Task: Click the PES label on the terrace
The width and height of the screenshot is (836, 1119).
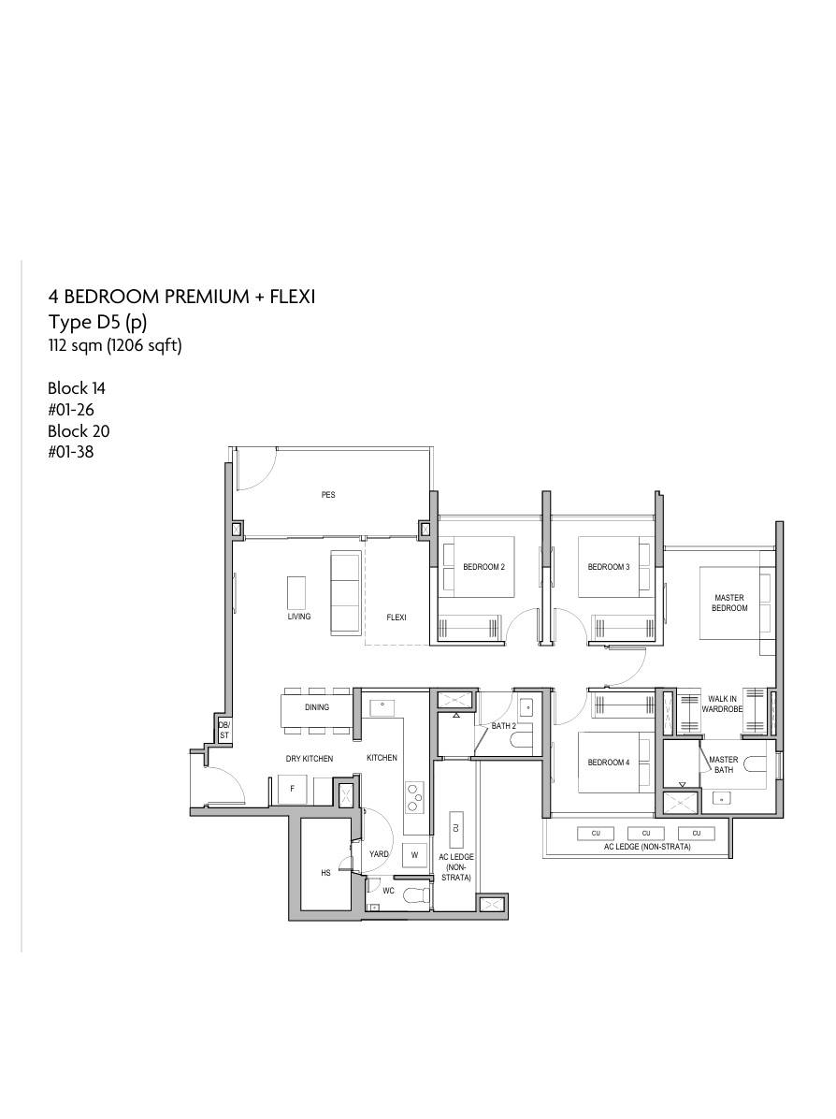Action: pyautogui.click(x=328, y=495)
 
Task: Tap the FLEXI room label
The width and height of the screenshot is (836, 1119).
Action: pyautogui.click(x=396, y=618)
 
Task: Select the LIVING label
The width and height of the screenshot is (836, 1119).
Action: pyautogui.click(x=299, y=616)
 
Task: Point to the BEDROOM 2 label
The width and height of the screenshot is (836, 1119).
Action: pyautogui.click(x=483, y=567)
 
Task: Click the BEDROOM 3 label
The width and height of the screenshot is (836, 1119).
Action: pyautogui.click(x=609, y=567)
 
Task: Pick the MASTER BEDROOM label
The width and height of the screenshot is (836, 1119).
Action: pyautogui.click(x=729, y=603)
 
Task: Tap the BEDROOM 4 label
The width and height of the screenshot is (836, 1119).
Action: pyautogui.click(x=609, y=763)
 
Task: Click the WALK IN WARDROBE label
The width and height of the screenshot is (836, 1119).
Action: pyautogui.click(x=722, y=705)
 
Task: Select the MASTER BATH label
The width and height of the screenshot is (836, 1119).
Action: pyautogui.click(x=723, y=764)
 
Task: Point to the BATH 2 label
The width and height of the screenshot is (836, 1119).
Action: pyautogui.click(x=504, y=726)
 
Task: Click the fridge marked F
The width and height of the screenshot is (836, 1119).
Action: pyautogui.click(x=292, y=790)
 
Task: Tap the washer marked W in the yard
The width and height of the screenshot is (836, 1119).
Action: pyautogui.click(x=414, y=855)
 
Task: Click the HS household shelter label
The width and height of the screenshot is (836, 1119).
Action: pyautogui.click(x=326, y=873)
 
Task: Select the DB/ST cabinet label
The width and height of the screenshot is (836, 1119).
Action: pyautogui.click(x=224, y=730)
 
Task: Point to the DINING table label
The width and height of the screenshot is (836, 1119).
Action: pyautogui.click(x=317, y=707)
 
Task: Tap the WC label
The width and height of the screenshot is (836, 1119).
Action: pyautogui.click(x=389, y=891)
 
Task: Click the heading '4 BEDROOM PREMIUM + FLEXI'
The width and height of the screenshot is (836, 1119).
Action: pyautogui.click(x=181, y=297)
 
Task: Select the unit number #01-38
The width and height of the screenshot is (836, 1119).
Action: pyautogui.click(x=71, y=452)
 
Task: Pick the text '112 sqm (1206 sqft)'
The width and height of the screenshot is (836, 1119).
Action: pyautogui.click(x=115, y=346)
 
